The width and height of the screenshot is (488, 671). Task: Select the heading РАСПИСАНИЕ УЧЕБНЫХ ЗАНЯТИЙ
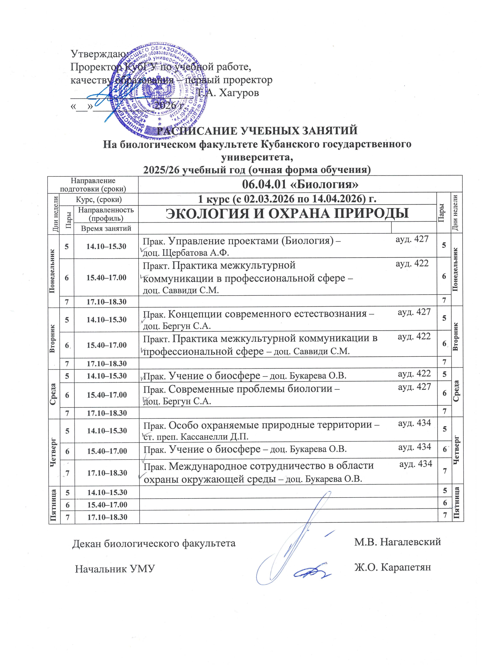tap(257, 130)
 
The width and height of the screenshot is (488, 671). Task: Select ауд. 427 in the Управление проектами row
tap(412, 239)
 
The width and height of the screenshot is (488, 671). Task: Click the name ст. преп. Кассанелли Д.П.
tap(196, 437)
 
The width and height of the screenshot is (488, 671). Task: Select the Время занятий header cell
tap(106, 228)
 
